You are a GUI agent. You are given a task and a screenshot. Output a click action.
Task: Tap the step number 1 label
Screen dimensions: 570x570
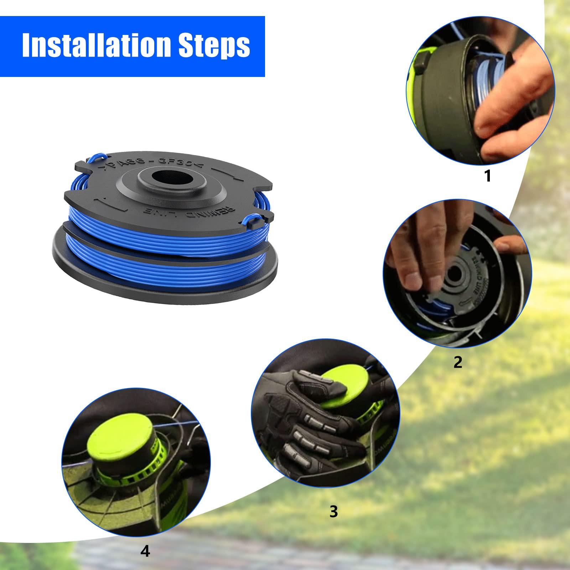[x=488, y=176]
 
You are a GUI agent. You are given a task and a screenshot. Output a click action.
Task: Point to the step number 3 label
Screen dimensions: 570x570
[x=333, y=512]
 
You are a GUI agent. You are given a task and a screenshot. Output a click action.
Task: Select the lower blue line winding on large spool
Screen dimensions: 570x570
[x=167, y=264]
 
